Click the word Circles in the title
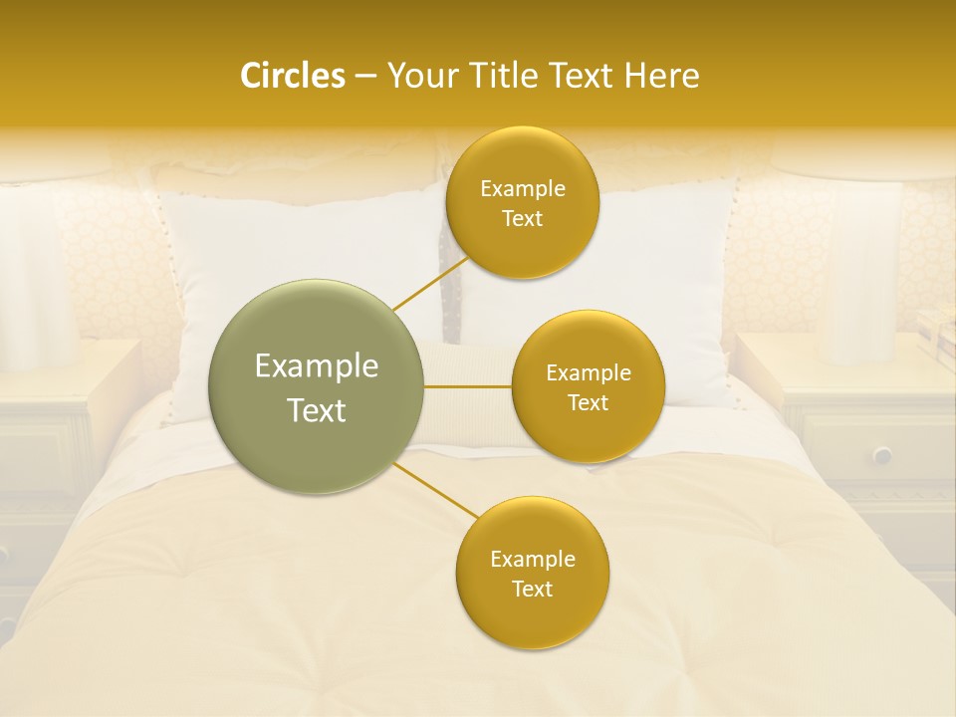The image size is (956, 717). (x=293, y=76)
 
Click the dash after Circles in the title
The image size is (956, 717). (x=365, y=77)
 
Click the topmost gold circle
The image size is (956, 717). (x=522, y=203)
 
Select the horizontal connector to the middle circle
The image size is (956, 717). (x=468, y=386)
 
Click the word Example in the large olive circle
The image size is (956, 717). (x=317, y=366)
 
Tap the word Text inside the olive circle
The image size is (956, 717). (x=317, y=410)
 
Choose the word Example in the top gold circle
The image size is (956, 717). (x=523, y=188)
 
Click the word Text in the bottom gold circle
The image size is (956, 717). (x=532, y=589)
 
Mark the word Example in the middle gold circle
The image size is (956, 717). (x=589, y=373)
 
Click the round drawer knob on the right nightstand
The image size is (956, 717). (x=882, y=455)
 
